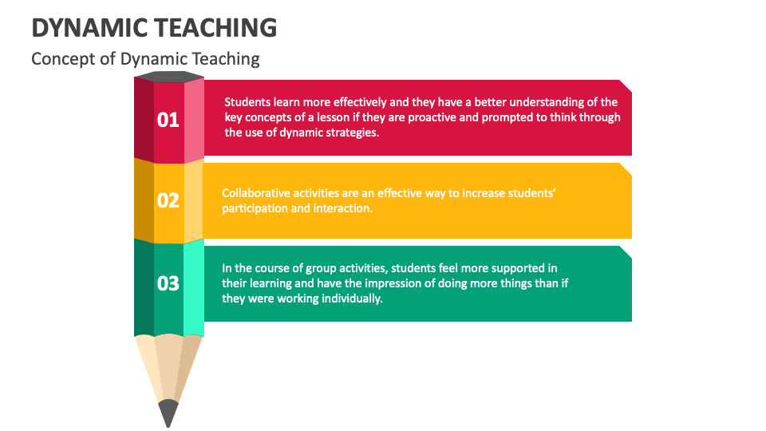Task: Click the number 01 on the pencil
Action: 168,120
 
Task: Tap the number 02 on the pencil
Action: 168,200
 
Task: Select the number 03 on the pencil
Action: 168,283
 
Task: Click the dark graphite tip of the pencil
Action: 168,413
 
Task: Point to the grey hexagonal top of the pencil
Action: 168,77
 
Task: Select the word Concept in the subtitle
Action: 59,58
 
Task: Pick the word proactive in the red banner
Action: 424,117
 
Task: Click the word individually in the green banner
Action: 351,299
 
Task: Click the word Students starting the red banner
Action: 249,102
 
